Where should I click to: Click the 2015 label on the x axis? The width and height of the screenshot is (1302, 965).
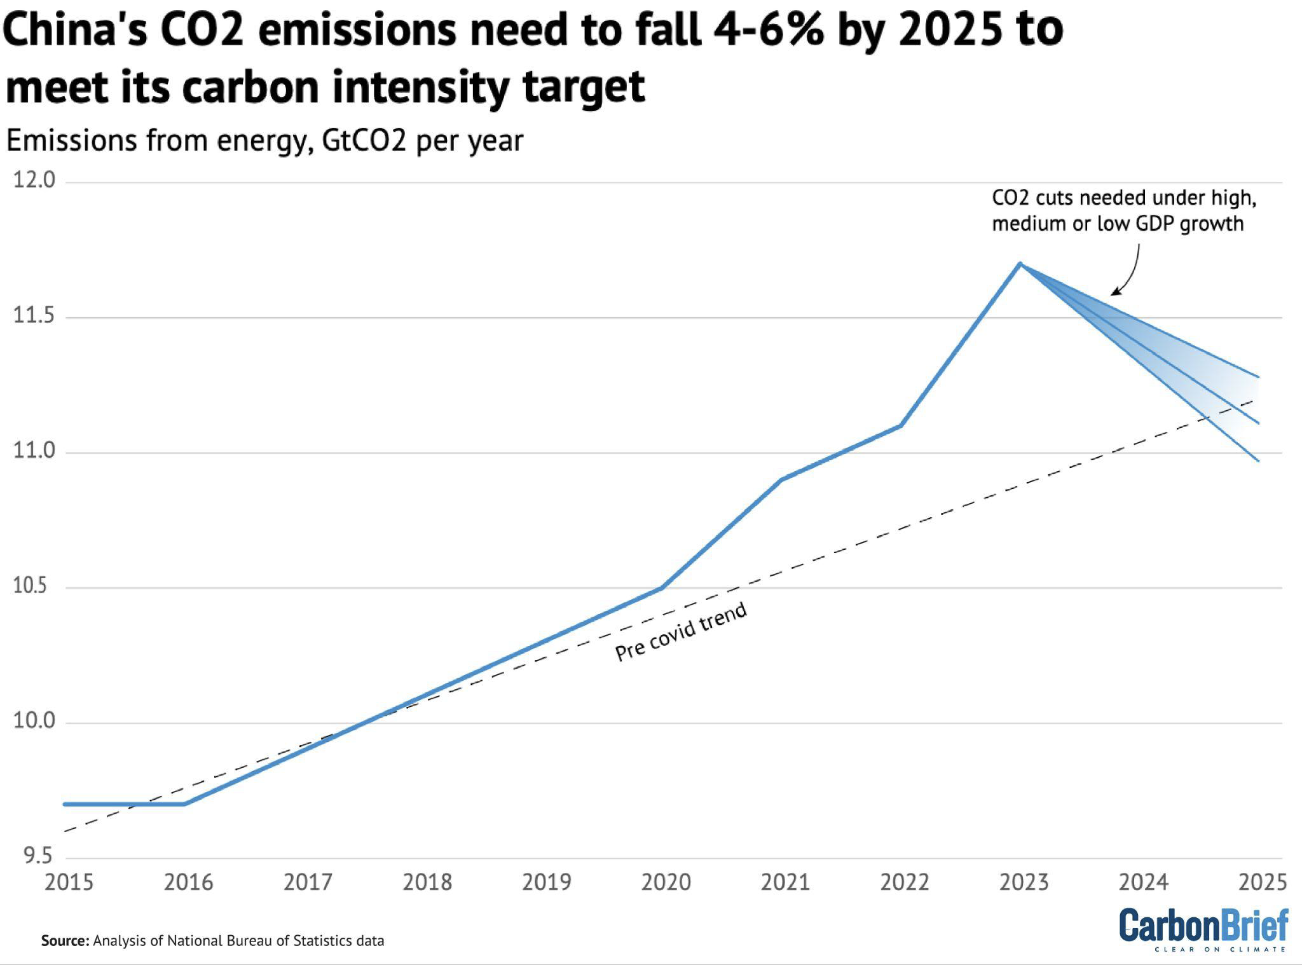pyautogui.click(x=69, y=882)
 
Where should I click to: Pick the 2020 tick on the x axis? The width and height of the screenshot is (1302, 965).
pyautogui.click(x=666, y=882)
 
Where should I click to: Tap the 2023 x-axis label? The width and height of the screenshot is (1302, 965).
pyautogui.click(x=1024, y=882)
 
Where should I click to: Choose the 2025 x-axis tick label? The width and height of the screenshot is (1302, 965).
pyautogui.click(x=1263, y=882)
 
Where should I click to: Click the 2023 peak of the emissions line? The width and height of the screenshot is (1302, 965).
pyautogui.click(x=1020, y=263)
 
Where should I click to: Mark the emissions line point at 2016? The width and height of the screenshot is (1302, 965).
pyautogui.click(x=184, y=804)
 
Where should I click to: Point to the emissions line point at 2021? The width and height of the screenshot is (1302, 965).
pyautogui.click(x=781, y=479)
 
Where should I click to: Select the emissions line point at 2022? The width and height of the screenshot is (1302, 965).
pyautogui.click(x=900, y=425)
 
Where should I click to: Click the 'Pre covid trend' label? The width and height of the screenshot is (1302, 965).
pyautogui.click(x=681, y=632)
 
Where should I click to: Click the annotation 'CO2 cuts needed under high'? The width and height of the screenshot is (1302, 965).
pyautogui.click(x=1124, y=198)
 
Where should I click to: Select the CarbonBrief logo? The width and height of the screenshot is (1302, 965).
pyautogui.click(x=1203, y=929)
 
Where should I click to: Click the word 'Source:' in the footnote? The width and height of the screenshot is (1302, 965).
pyautogui.click(x=65, y=941)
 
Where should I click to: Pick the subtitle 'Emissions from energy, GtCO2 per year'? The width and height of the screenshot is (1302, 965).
pyautogui.click(x=264, y=140)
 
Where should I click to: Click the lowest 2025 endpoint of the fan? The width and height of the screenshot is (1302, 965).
pyautogui.click(x=1259, y=461)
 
